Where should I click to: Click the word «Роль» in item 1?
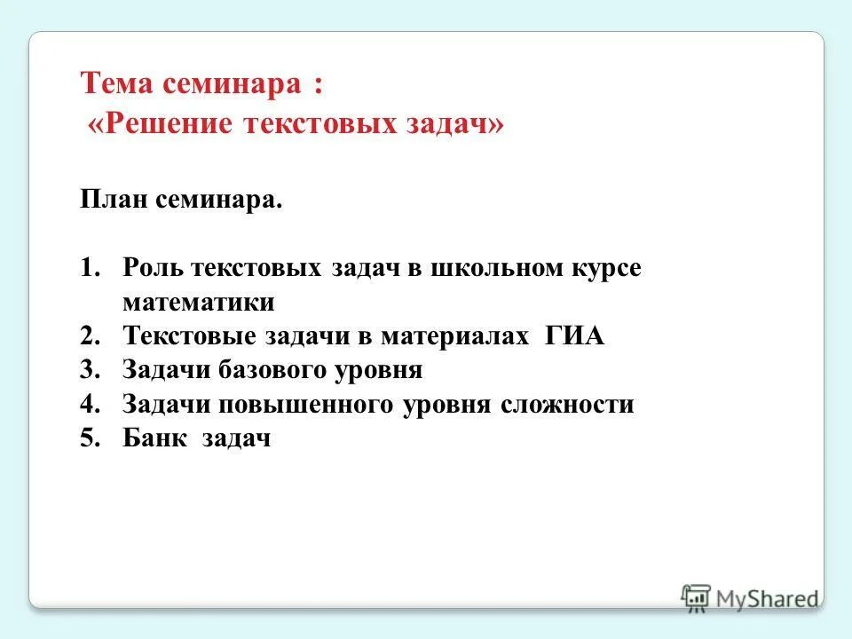153,269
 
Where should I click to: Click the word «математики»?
199,303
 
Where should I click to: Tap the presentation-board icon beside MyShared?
696,598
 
